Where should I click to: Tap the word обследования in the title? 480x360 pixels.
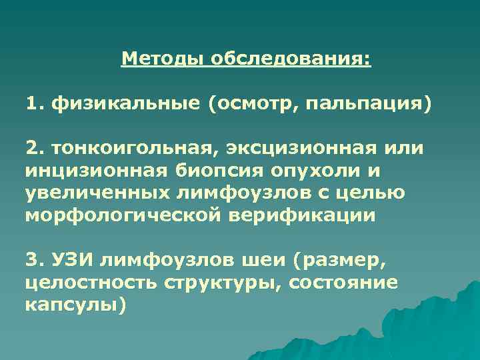(x=290, y=59)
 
